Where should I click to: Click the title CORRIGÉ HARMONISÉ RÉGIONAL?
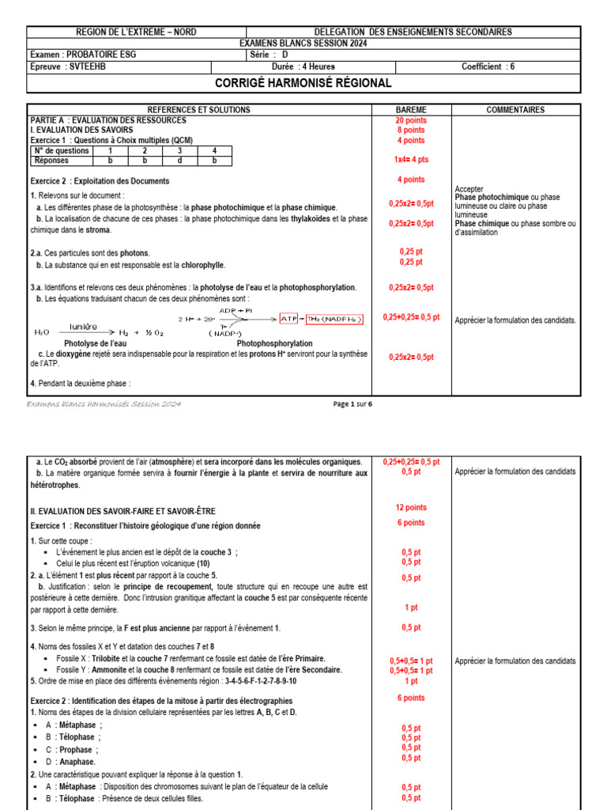tap(303, 84)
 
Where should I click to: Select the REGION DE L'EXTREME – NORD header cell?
tap(136, 32)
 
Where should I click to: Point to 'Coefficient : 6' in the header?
tap(488, 66)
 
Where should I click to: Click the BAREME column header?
tap(410, 110)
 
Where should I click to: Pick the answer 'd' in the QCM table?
tap(179, 160)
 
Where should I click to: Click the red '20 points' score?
tap(410, 120)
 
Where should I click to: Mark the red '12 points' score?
tap(410, 508)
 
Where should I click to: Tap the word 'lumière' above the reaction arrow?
tap(83, 326)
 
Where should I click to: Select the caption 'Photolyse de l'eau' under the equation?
tap(96, 344)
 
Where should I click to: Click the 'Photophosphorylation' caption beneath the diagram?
tap(274, 344)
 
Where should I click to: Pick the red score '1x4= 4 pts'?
tap(410, 159)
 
